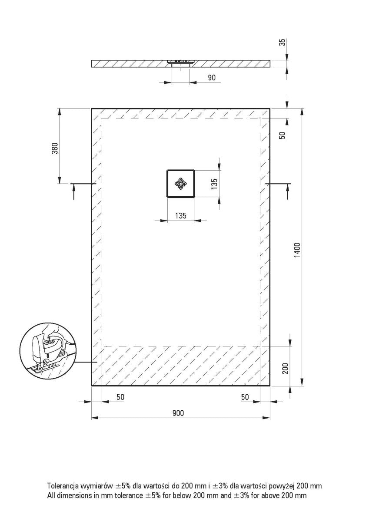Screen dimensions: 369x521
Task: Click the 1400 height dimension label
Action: coord(298,250)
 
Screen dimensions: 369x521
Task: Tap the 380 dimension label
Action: coord(55,148)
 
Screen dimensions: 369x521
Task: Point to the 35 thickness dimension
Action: coord(282,43)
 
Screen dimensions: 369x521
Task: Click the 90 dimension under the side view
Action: coord(212,77)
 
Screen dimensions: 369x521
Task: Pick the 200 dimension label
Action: coord(286,368)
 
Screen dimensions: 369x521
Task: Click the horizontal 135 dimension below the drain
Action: coord(181,216)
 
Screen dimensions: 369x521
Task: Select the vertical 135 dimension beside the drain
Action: coord(215,184)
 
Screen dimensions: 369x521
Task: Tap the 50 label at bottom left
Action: coord(120,397)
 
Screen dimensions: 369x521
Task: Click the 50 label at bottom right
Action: coord(245,397)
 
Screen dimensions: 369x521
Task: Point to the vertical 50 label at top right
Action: coord(282,135)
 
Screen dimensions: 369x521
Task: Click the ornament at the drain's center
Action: coord(181,184)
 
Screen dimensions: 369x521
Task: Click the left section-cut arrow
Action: coord(74,191)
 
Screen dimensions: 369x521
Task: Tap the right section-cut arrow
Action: coord(288,191)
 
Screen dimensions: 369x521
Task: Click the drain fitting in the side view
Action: coord(181,63)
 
